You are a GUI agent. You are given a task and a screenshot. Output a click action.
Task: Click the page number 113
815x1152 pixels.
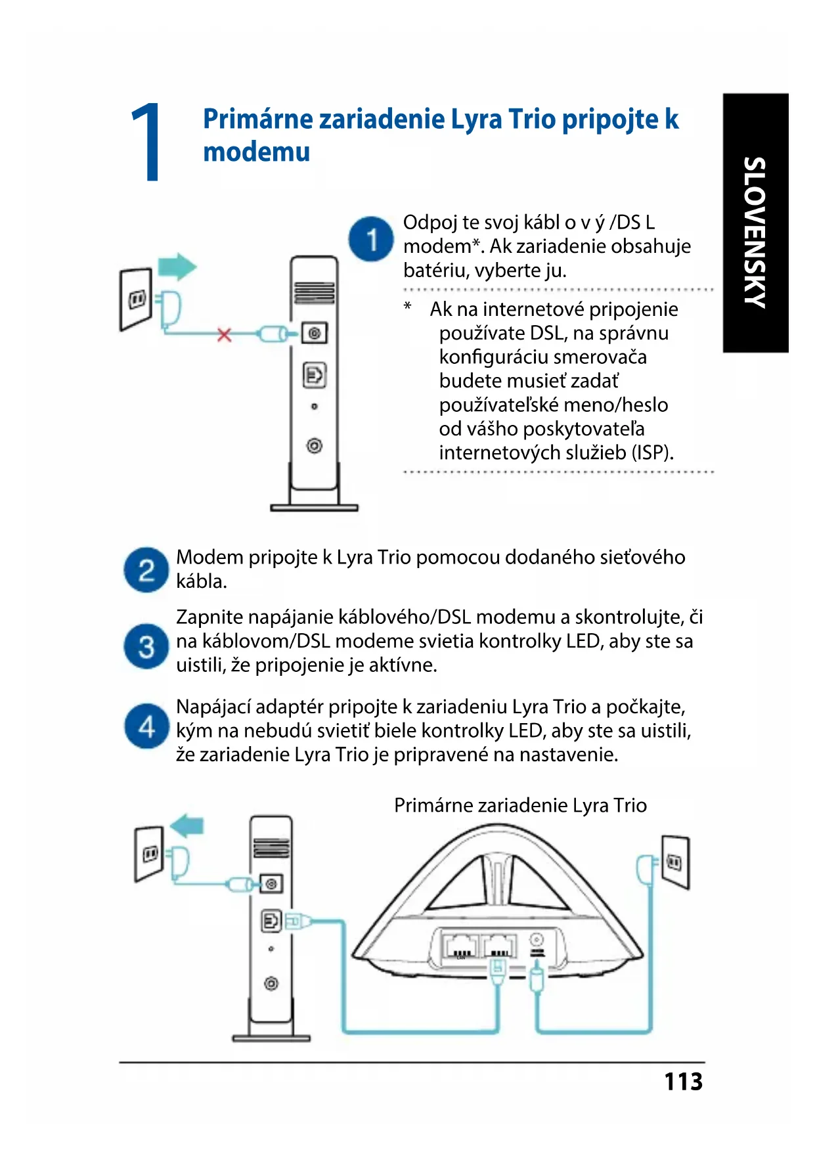click(683, 1081)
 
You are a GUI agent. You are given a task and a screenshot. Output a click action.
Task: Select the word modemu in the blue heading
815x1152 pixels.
click(256, 152)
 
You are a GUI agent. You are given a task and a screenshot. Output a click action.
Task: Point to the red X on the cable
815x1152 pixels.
click(225, 335)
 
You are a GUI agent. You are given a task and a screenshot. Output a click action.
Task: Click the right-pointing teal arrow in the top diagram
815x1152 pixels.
click(177, 267)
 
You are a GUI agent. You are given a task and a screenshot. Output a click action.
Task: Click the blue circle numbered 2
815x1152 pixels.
click(146, 569)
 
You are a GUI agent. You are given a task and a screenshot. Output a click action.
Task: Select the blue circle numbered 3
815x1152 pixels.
click(146, 646)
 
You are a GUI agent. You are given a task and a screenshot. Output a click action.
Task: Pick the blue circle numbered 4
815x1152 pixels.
click(146, 726)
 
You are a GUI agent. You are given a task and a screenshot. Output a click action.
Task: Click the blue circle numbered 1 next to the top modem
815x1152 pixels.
click(371, 239)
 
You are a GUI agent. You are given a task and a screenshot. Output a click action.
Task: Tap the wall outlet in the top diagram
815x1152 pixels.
click(137, 299)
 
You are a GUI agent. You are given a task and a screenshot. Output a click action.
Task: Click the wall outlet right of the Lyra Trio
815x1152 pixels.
click(675, 861)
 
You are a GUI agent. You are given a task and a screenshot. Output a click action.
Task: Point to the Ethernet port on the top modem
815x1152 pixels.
click(315, 375)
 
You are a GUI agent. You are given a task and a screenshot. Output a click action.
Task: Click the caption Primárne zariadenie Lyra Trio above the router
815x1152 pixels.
click(520, 805)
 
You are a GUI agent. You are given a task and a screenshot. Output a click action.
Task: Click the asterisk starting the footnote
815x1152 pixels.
click(408, 307)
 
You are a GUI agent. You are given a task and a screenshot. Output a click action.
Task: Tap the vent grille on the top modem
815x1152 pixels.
click(315, 292)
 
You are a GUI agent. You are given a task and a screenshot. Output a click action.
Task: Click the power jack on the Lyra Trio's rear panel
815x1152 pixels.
click(537, 941)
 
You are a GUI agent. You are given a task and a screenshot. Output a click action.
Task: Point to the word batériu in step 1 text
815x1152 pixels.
click(434, 270)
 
